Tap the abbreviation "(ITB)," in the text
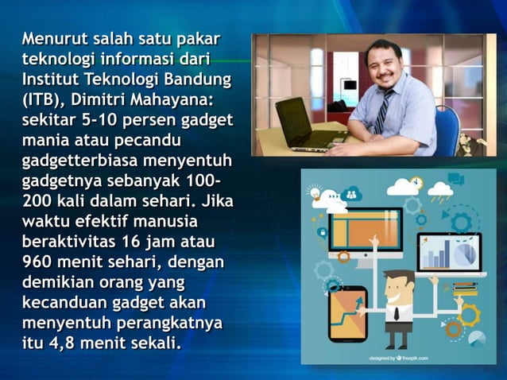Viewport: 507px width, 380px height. click(46, 100)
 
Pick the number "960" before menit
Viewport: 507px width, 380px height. click(40, 262)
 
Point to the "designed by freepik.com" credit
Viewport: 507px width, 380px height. click(398, 359)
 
